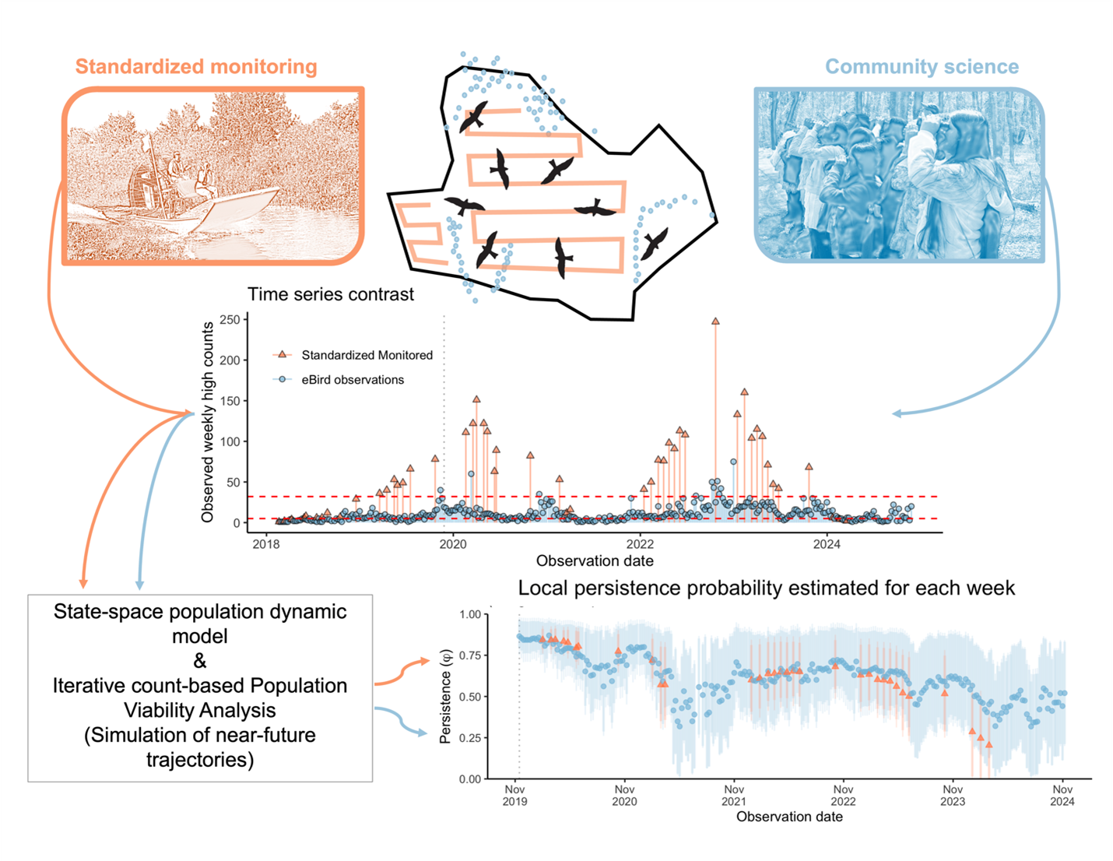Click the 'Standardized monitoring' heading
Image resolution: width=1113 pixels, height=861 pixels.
coord(196,67)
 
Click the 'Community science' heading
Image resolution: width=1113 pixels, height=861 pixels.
coord(922,67)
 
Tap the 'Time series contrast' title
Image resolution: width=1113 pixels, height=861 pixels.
coord(331,294)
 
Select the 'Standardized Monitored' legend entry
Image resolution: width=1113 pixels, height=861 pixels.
coord(367,355)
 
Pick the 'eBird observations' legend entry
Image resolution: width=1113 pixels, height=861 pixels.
coord(353,380)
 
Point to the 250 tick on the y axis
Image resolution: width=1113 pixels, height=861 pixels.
coord(230,320)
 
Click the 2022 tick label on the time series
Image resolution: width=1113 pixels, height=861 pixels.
coord(640,544)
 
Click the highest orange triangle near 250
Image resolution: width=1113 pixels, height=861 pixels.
coord(715,321)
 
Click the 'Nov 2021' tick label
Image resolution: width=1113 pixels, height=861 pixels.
coord(734,795)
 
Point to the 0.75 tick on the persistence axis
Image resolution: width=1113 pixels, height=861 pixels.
coord(470,655)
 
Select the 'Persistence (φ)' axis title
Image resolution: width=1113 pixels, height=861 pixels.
coord(445,696)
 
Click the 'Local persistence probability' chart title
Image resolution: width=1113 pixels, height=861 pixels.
coord(767,588)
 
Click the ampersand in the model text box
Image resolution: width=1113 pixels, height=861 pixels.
coord(200,661)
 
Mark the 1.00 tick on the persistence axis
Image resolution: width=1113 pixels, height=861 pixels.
coord(470,614)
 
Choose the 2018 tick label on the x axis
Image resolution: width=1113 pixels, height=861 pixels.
coord(266,544)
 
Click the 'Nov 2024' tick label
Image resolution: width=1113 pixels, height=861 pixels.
coord(1062,795)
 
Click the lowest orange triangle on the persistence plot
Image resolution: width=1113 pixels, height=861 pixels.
coord(989,745)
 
